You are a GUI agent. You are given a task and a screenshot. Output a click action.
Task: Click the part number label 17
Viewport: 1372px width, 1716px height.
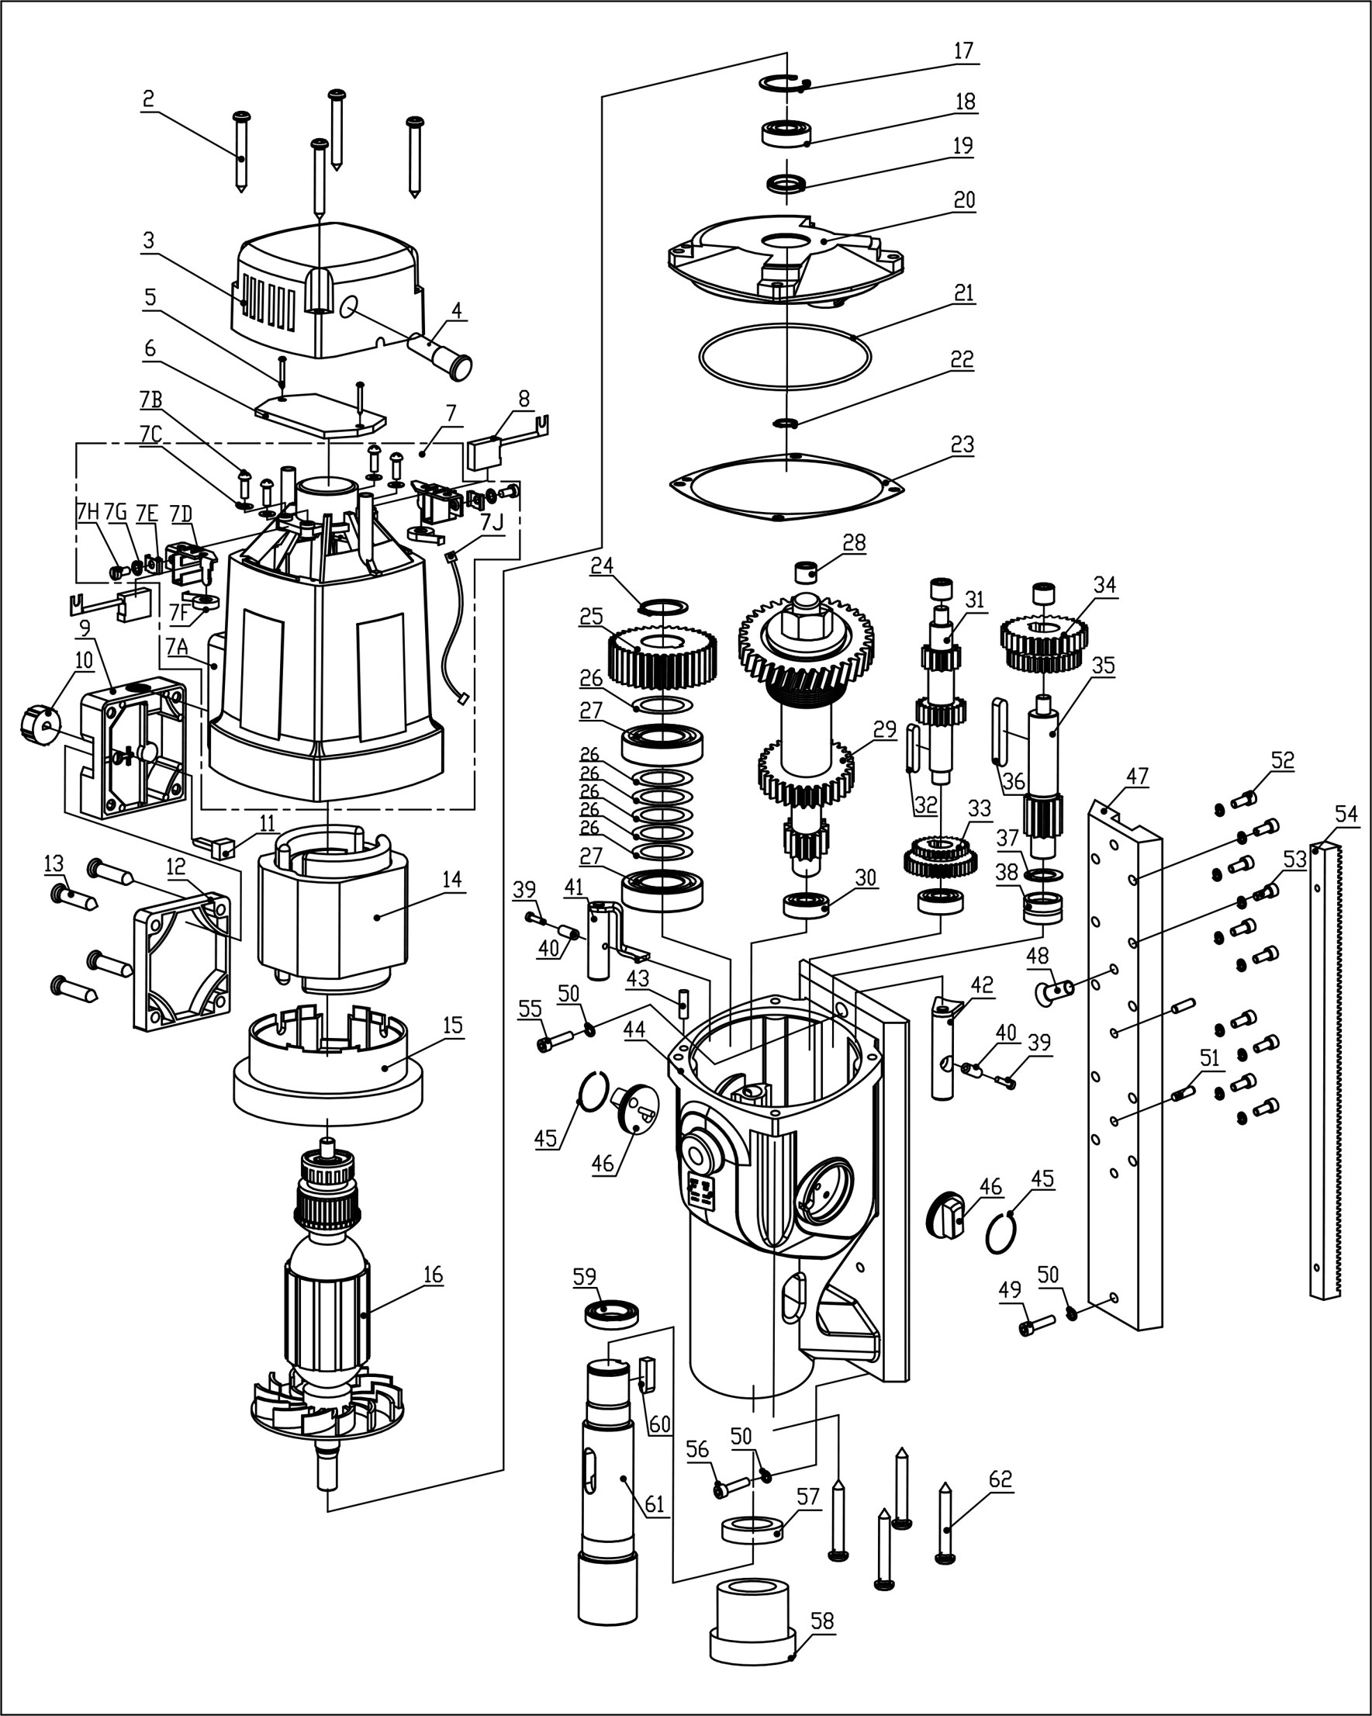tap(963, 51)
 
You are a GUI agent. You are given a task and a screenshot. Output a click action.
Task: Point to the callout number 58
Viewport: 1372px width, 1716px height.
tap(822, 1622)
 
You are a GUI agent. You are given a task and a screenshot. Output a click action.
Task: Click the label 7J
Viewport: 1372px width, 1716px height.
tap(492, 524)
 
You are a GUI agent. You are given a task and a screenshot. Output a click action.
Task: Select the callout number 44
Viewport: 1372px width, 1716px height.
tap(634, 1030)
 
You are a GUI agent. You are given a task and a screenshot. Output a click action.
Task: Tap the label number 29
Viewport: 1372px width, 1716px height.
tap(884, 730)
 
